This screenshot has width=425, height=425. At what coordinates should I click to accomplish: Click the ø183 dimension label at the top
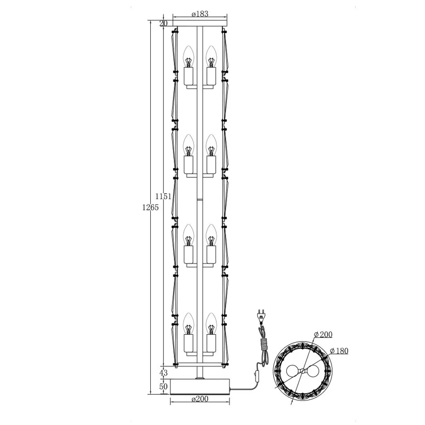(x=200, y=14)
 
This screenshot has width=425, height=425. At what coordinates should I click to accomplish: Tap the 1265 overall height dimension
(x=150, y=208)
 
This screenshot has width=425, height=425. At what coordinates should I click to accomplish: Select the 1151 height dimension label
(x=163, y=196)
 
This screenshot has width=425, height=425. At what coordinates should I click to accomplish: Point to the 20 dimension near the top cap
(x=163, y=24)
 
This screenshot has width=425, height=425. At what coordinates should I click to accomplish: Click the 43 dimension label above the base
(x=163, y=373)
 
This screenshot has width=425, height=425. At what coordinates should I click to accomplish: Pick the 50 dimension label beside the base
(x=163, y=386)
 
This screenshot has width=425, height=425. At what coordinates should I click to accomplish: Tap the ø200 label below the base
(x=200, y=399)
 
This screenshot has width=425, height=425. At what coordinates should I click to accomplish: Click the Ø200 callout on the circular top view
(x=323, y=335)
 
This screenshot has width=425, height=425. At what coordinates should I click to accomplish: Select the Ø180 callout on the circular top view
(x=339, y=351)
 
